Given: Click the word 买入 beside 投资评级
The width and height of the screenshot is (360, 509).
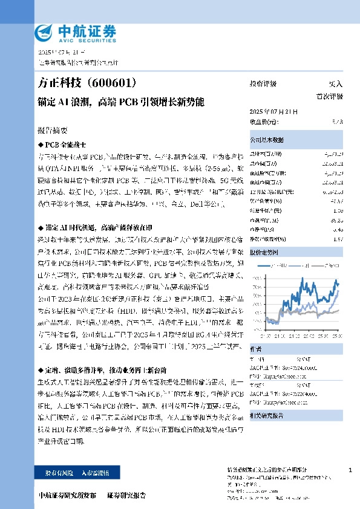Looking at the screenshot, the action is click(335, 84).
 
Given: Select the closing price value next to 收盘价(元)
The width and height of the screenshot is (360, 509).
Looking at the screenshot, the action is click(337, 122).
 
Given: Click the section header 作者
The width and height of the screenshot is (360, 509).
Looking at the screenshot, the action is click(256, 348).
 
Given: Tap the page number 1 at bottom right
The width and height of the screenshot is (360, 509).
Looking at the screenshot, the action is click(351, 470).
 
